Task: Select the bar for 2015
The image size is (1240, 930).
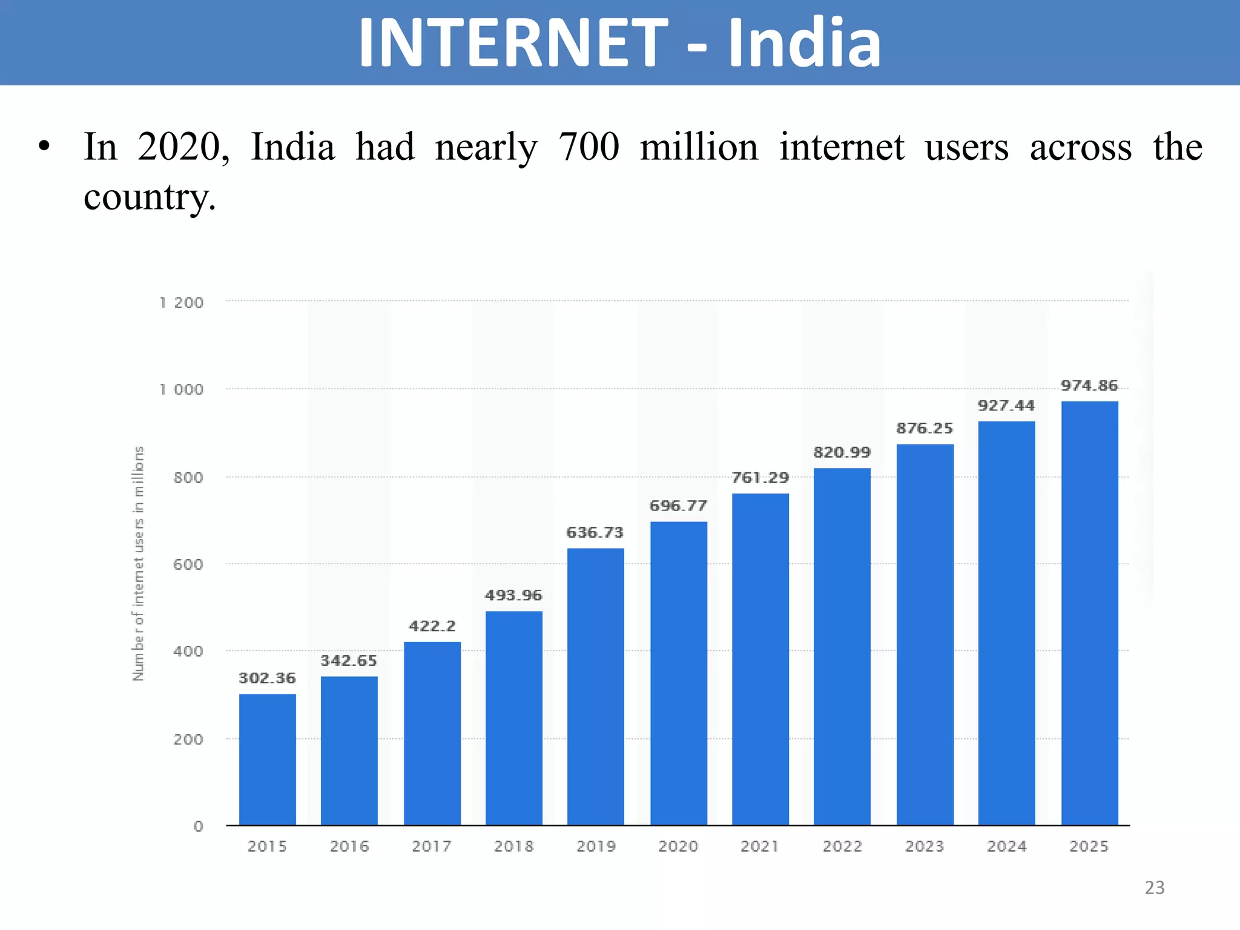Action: pyautogui.click(x=267, y=759)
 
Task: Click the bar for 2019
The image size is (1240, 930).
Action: pyautogui.click(x=595, y=687)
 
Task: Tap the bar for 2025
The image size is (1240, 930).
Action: pyautogui.click(x=1089, y=613)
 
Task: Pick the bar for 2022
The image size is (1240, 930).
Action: pyautogui.click(x=842, y=647)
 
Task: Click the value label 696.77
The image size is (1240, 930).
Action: pyautogui.click(x=678, y=506)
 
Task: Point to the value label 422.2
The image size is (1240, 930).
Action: pyautogui.click(x=432, y=626)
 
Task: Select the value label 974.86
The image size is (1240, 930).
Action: pyautogui.click(x=1089, y=386)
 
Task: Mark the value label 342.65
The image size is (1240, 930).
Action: pyautogui.click(x=349, y=661)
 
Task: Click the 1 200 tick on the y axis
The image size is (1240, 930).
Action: pyautogui.click(x=181, y=303)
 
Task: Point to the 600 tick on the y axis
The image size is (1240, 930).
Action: pyautogui.click(x=188, y=564)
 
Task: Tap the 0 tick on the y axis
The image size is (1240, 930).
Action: pyautogui.click(x=198, y=826)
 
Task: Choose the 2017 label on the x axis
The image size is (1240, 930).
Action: pyautogui.click(x=432, y=846)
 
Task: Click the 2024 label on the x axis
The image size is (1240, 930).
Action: pyautogui.click(x=1006, y=846)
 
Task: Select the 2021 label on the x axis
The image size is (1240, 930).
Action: pyautogui.click(x=760, y=846)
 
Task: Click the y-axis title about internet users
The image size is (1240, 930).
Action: pyautogui.click(x=139, y=564)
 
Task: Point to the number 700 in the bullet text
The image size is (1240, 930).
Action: pyautogui.click(x=589, y=147)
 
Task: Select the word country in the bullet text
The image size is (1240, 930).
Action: pyautogui.click(x=149, y=197)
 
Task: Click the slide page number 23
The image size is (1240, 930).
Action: pyautogui.click(x=1154, y=888)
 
